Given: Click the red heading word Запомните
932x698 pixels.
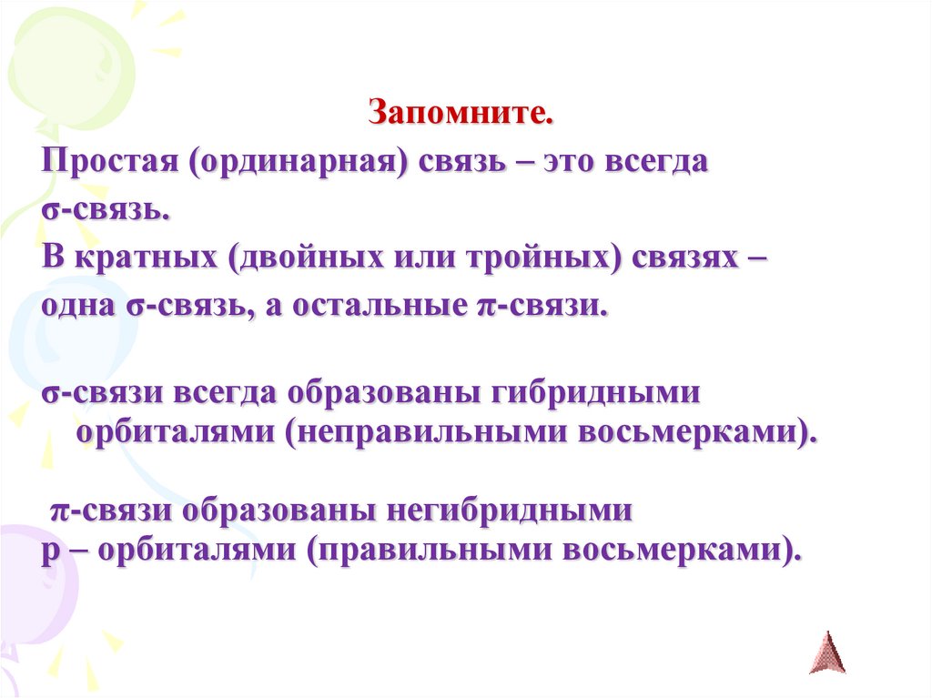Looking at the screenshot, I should pyautogui.click(x=461, y=114).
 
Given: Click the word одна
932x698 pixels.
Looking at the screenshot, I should pyautogui.click(x=75, y=305).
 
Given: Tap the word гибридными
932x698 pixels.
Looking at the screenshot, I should pyautogui.click(x=595, y=394).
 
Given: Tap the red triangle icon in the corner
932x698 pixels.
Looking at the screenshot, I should pyautogui.click(x=826, y=652).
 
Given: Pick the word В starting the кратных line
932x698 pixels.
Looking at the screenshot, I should pyautogui.click(x=51, y=257).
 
